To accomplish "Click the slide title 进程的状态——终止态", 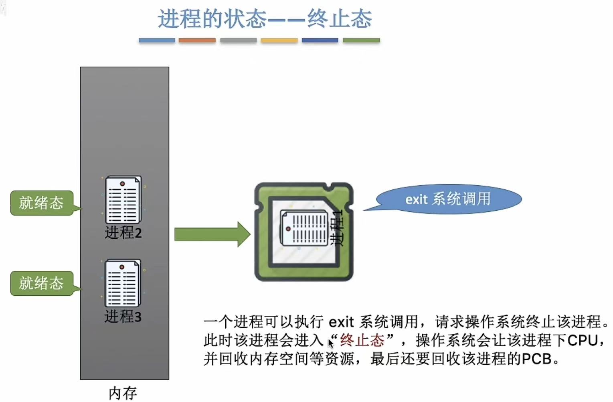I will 265,19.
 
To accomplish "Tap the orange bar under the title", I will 197,41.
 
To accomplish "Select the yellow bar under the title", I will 279,41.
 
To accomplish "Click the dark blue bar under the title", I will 320,41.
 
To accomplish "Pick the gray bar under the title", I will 238,41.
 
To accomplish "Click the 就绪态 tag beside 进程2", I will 41,203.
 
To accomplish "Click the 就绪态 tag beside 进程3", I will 41,283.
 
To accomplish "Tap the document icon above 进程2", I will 123,200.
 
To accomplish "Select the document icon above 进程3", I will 123,283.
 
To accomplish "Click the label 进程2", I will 123,233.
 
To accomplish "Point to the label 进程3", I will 123,317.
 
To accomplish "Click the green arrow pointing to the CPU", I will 212,234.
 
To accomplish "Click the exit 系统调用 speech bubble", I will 448,199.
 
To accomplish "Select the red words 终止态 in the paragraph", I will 362,340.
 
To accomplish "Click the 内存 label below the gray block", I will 123,393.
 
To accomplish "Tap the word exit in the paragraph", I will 341,322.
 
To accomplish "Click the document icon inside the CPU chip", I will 304,228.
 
